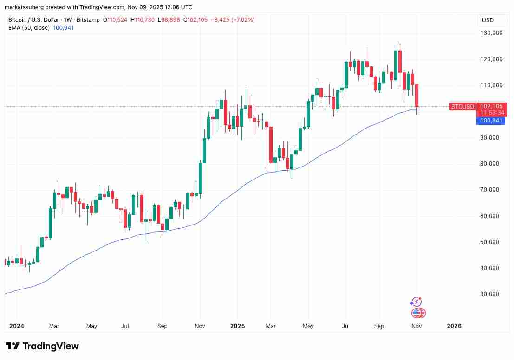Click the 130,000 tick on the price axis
tap(491, 33)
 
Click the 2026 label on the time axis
tap(454, 326)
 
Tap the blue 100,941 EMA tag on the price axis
tap(491, 121)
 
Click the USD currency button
tap(488, 20)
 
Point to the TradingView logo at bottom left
tap(42, 346)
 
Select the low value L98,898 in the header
tap(169, 20)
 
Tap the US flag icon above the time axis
tap(417, 313)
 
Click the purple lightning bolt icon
tap(416, 302)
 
